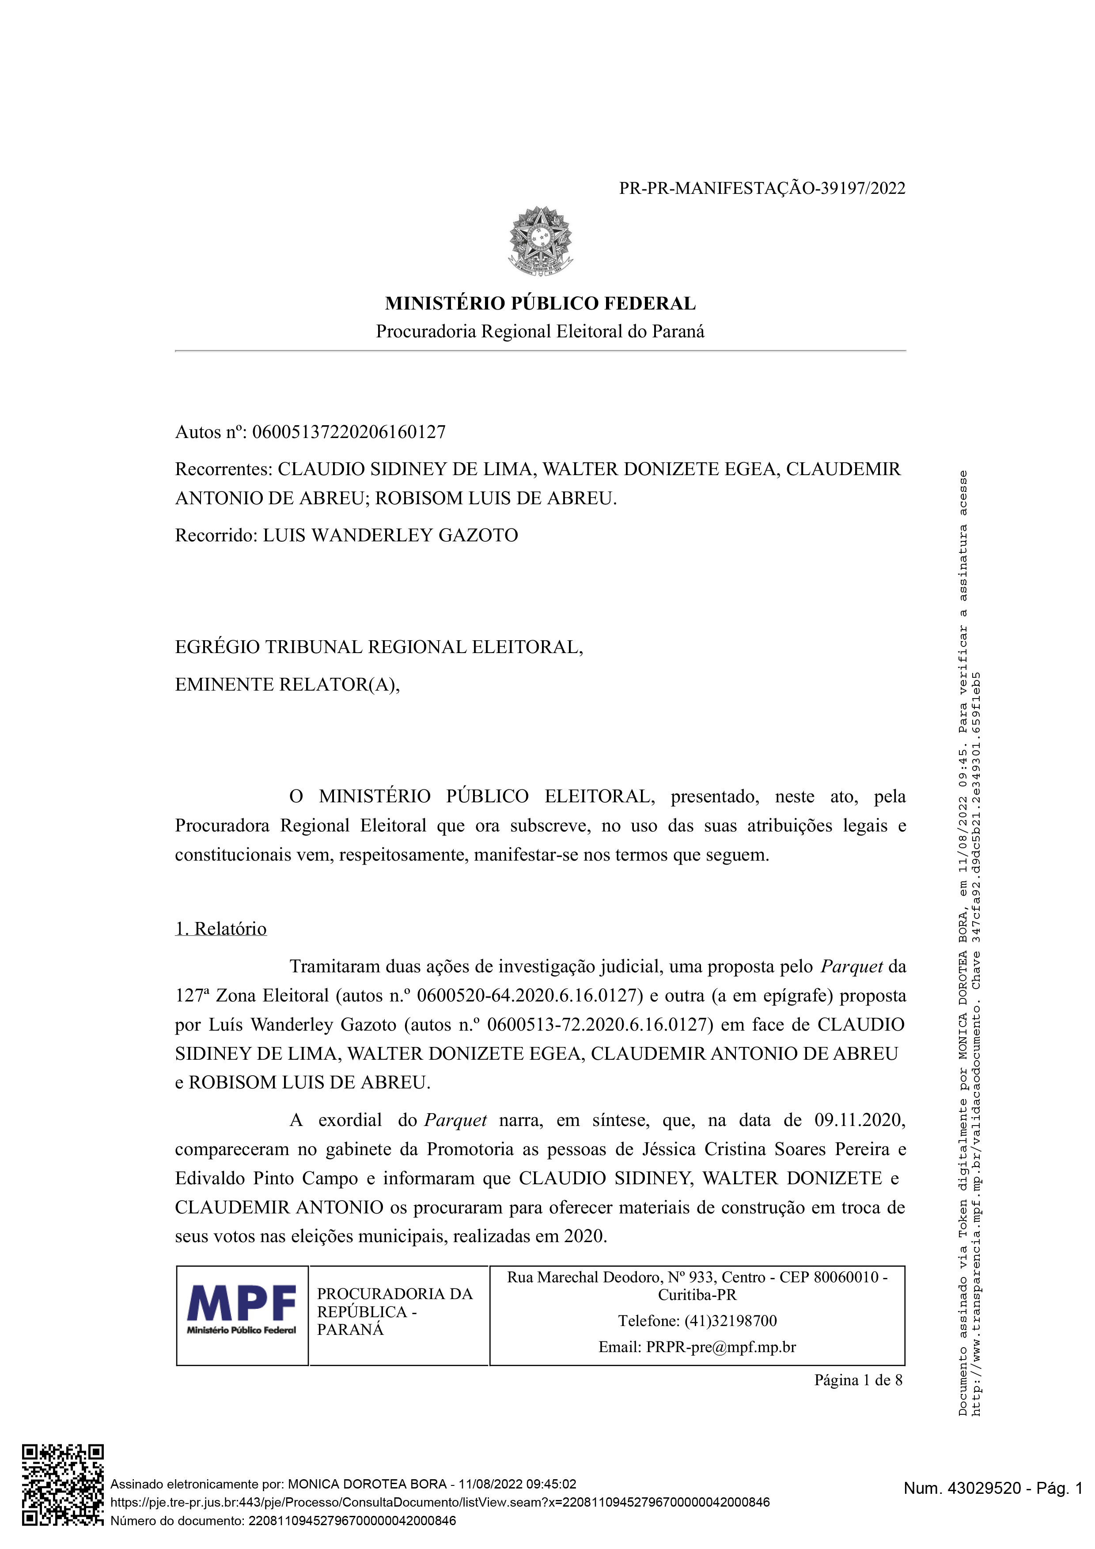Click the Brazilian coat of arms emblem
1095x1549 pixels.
[540, 241]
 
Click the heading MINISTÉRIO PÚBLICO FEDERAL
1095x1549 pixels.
[540, 304]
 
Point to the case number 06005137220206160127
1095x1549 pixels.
[349, 432]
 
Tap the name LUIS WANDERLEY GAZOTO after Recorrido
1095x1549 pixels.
[390, 536]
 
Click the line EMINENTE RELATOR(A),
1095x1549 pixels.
[288, 685]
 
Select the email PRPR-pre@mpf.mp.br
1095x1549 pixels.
[720, 1347]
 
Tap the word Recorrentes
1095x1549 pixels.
[223, 469]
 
